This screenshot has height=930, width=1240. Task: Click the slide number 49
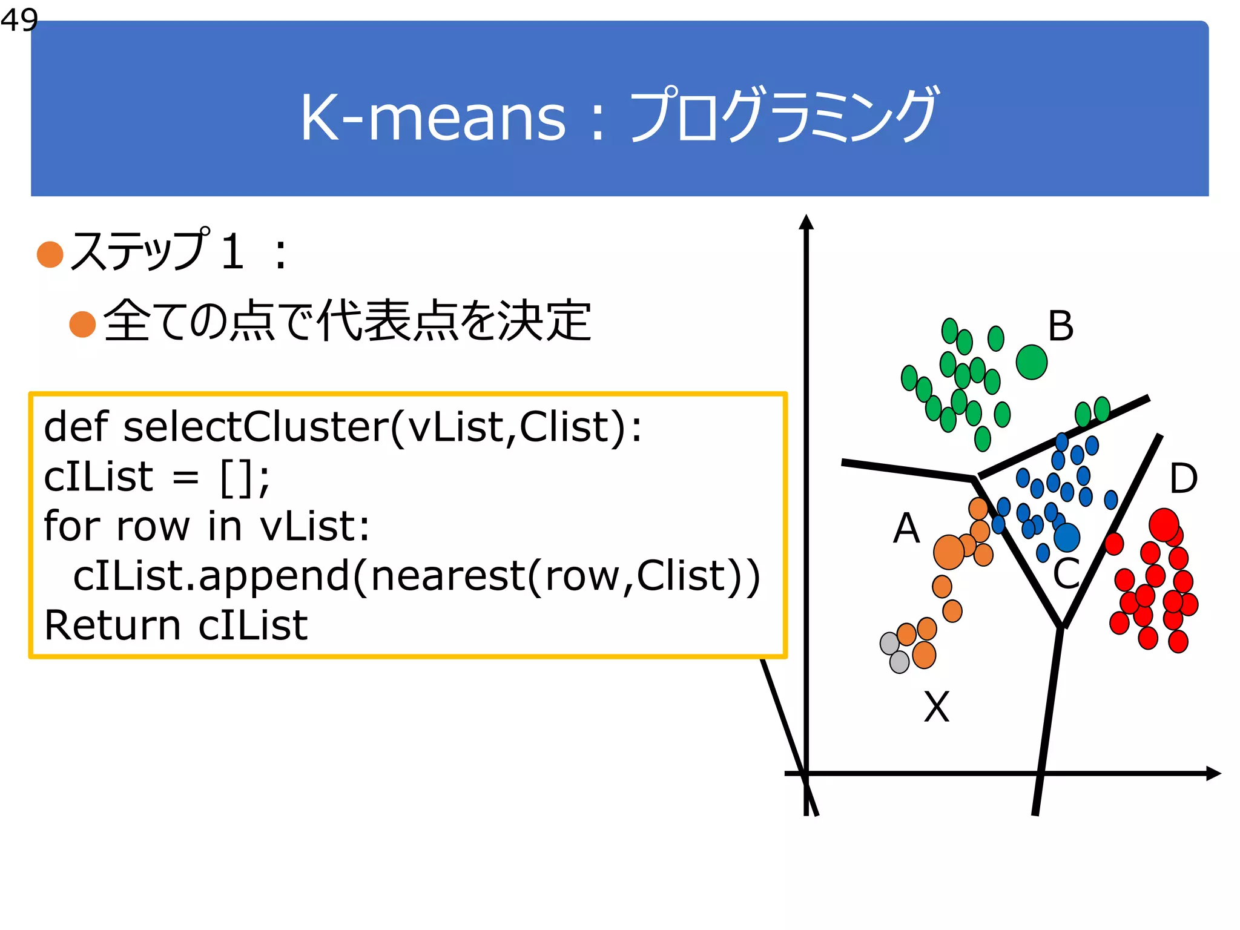pyautogui.click(x=19, y=20)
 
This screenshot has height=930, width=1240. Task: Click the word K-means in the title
pyautogui.click(x=433, y=118)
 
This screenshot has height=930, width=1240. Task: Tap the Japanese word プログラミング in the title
pyautogui.click(x=783, y=115)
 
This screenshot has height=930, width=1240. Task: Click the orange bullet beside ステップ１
pyautogui.click(x=50, y=254)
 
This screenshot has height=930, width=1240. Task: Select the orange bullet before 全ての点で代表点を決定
pyautogui.click(x=83, y=325)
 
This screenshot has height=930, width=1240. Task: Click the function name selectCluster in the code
pyautogui.click(x=256, y=427)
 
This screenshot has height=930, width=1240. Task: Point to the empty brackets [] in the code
pyautogui.click(x=234, y=478)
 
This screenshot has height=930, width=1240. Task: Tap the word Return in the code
pyautogui.click(x=112, y=625)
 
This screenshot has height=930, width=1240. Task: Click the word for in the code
pyautogui.click(x=71, y=526)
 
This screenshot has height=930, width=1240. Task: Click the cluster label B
pyautogui.click(x=1061, y=327)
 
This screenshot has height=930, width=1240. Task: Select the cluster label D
pyautogui.click(x=1183, y=479)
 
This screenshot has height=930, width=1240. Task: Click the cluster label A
pyautogui.click(x=906, y=529)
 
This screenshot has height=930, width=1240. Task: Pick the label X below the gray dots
pyautogui.click(x=937, y=707)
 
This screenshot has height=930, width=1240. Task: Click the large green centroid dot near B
pyautogui.click(x=1032, y=362)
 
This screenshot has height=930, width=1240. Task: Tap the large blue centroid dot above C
pyautogui.click(x=1067, y=537)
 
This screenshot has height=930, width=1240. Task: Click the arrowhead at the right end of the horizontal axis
pyautogui.click(x=1213, y=773)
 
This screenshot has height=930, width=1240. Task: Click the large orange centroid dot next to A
pyautogui.click(x=949, y=552)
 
